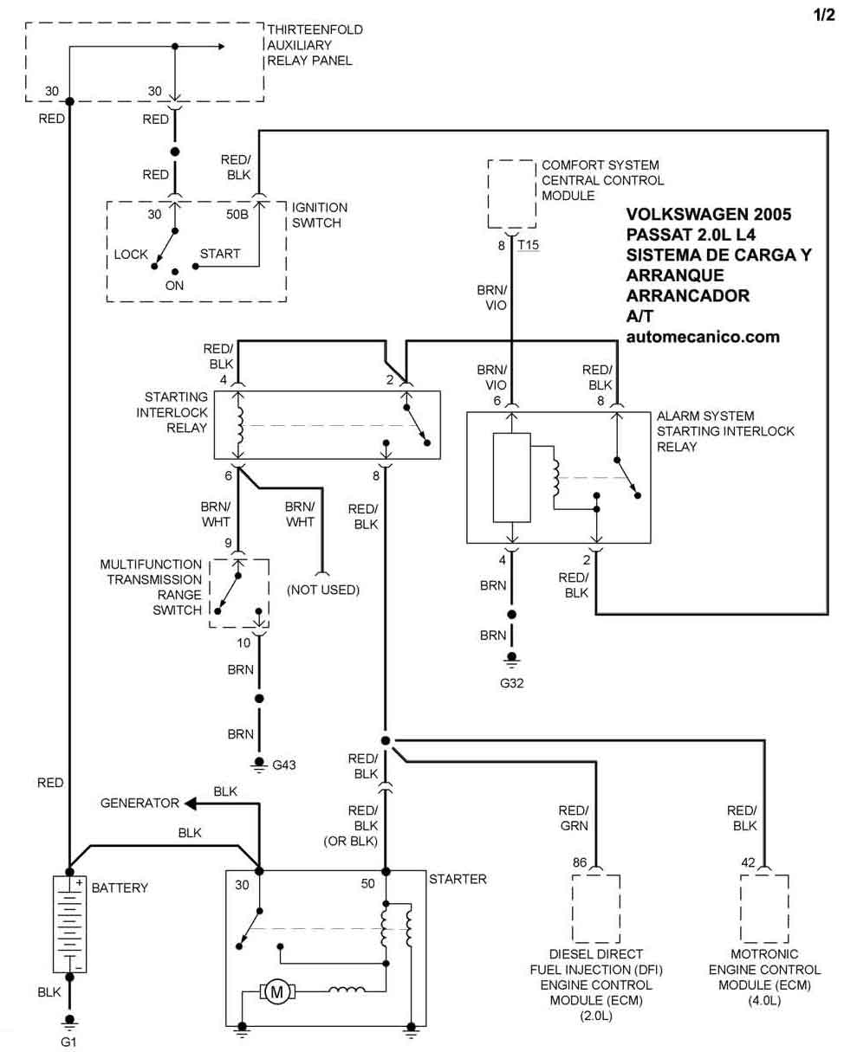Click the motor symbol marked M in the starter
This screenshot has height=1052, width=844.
click(277, 991)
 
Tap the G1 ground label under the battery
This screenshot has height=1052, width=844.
click(68, 1042)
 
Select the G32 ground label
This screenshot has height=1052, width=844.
click(511, 683)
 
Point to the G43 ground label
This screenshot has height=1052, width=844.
click(283, 765)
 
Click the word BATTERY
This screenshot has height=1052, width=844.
click(120, 887)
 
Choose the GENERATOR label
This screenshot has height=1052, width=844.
click(140, 803)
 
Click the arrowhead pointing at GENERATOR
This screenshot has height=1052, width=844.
click(190, 804)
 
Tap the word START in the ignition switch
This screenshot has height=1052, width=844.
click(220, 254)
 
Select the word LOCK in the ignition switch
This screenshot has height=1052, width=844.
click(131, 255)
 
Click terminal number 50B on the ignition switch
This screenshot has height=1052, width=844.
click(237, 214)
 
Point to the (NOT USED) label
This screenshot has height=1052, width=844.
click(323, 590)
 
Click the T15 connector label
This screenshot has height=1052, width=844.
click(529, 244)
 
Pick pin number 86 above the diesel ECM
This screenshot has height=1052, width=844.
click(580, 862)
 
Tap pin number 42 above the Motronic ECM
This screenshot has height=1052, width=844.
click(748, 862)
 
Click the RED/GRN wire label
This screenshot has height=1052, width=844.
click(574, 818)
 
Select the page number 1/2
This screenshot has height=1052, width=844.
click(824, 16)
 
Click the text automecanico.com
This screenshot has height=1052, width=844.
click(703, 337)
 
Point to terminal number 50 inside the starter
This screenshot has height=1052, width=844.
click(368, 883)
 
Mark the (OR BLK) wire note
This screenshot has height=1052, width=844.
click(350, 841)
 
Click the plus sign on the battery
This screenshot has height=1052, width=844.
click(79, 883)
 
